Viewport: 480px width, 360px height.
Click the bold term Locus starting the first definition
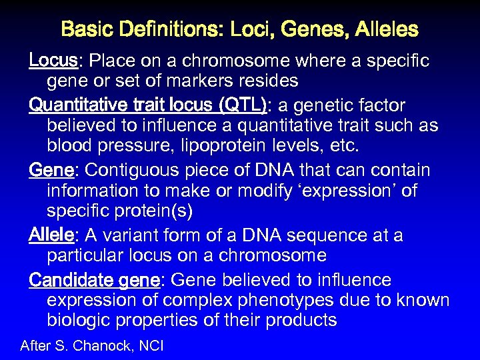click(x=53, y=61)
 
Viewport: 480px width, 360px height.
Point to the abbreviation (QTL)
click(x=243, y=105)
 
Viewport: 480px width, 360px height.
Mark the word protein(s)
click(x=151, y=212)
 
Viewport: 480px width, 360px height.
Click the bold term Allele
click(x=53, y=235)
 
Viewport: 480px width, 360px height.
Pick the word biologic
click(x=78, y=321)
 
